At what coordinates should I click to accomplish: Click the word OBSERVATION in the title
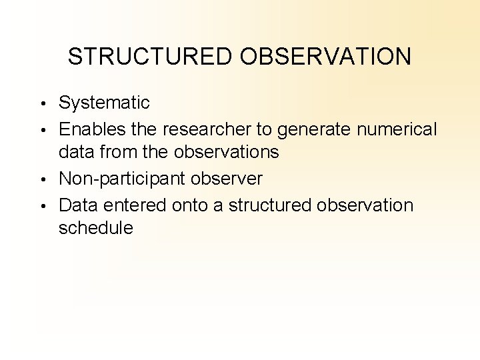(326, 57)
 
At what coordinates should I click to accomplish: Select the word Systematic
(104, 103)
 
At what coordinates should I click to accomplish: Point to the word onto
(191, 204)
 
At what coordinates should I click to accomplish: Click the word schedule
(96, 228)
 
